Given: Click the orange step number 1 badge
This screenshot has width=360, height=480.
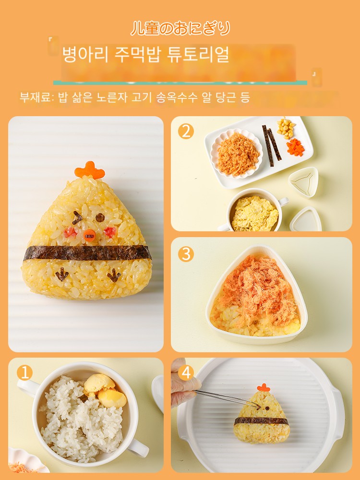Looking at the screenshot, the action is pos(24,372).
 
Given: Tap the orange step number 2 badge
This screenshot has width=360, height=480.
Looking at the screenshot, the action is pos(186,132).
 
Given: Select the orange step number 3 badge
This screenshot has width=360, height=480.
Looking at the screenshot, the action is pos(186,254).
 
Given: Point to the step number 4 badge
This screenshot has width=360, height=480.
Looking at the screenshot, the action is pos(186,372).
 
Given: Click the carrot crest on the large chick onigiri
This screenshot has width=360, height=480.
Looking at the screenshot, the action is pos(89,170).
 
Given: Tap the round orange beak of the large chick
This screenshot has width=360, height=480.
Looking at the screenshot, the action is pos(89,235).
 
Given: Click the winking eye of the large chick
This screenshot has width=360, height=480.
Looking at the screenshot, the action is pos(77,217).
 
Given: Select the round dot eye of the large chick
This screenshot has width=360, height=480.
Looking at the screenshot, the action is pos(100,217).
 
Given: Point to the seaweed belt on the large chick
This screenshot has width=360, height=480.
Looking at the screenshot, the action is pos(87,253).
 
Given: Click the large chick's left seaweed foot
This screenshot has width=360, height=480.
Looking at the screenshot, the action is pos(62,274).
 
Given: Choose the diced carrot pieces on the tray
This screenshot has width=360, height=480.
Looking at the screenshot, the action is pos(296,147).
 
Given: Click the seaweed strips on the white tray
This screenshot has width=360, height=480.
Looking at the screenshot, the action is pos(272,145).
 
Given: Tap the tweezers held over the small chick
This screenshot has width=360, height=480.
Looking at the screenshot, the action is pos(227,398).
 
